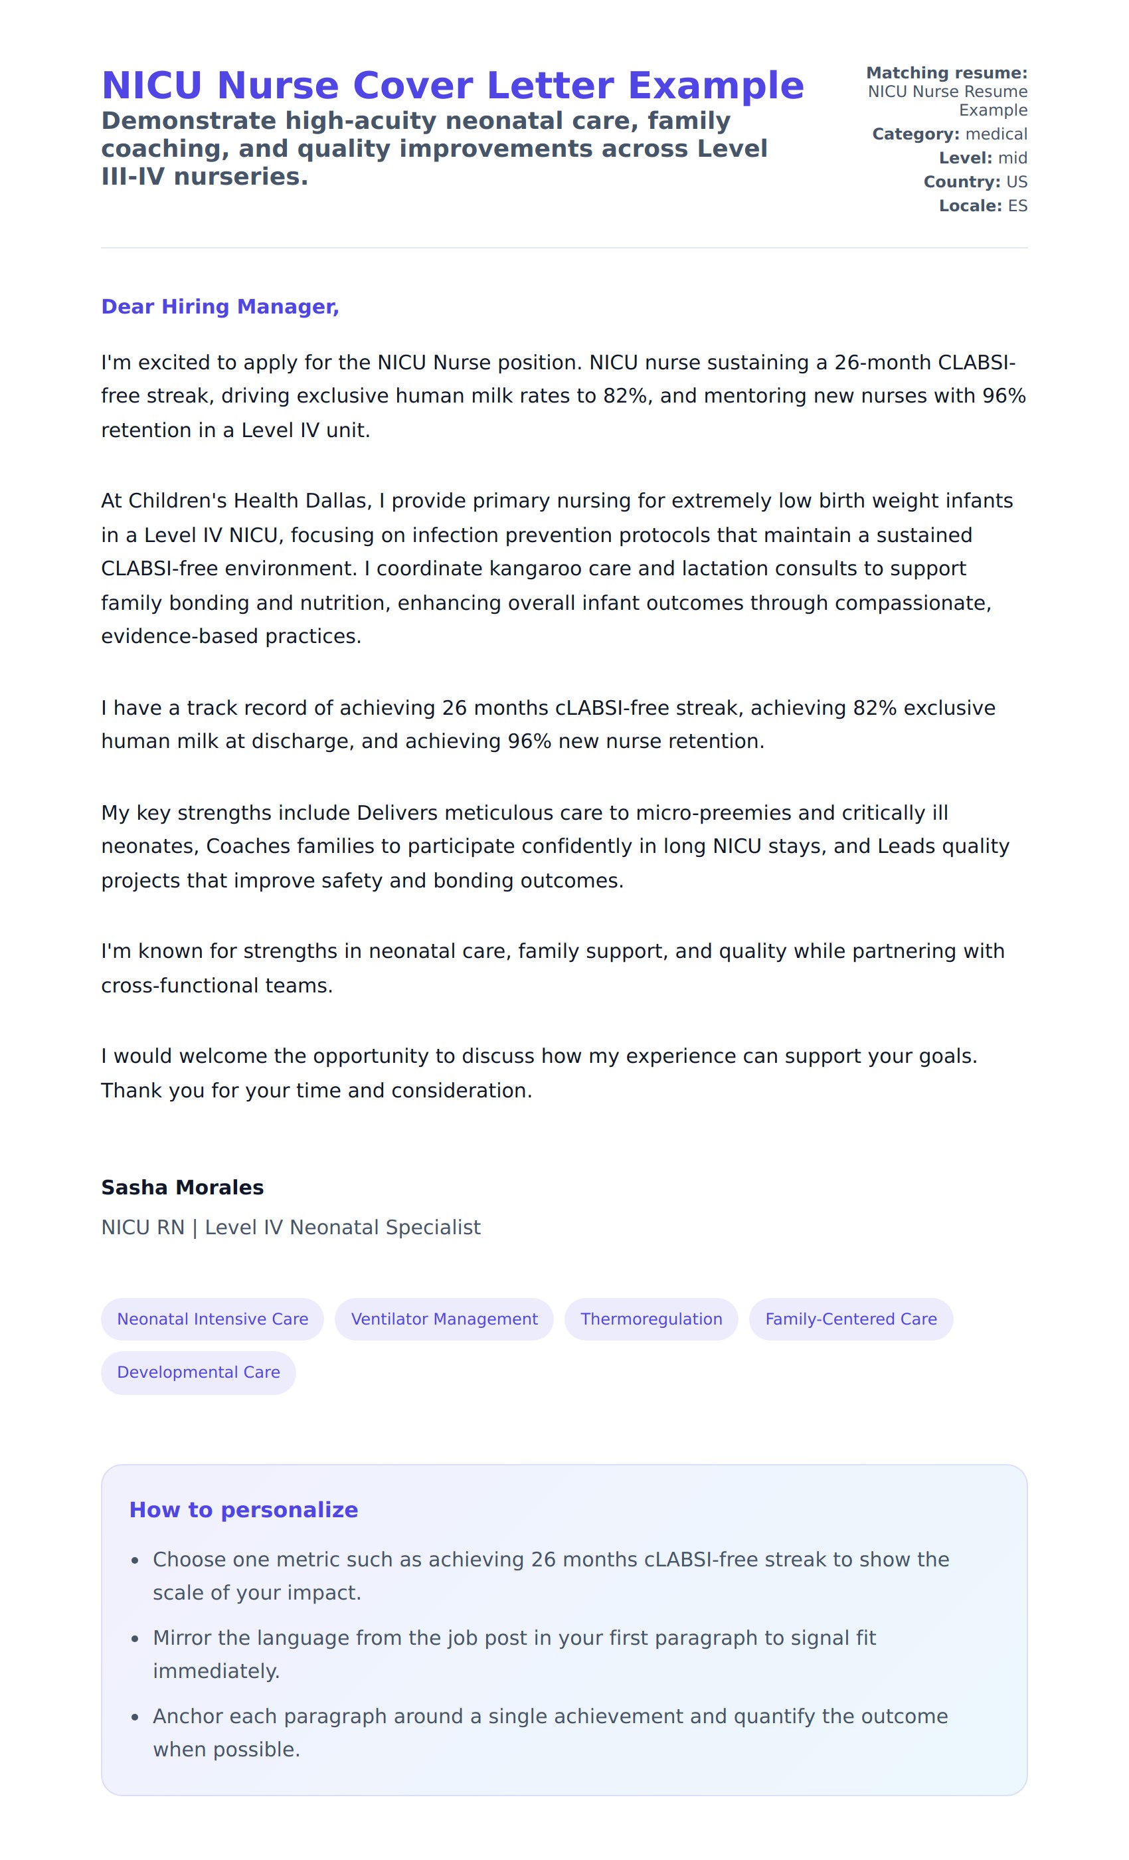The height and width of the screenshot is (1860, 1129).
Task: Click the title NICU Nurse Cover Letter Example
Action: (x=452, y=85)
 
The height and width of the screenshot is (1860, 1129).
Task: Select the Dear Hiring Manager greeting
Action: (x=220, y=306)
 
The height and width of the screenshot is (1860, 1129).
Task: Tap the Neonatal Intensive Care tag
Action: (x=212, y=1319)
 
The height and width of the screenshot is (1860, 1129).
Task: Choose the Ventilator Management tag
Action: (x=444, y=1319)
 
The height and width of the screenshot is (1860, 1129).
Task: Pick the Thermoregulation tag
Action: (x=651, y=1319)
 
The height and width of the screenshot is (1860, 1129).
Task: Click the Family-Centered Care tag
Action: (x=851, y=1319)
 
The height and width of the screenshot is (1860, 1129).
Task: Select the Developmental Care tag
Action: (x=198, y=1372)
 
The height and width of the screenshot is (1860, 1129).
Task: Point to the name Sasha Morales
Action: (x=182, y=1188)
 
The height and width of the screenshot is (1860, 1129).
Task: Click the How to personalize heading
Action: (x=243, y=1510)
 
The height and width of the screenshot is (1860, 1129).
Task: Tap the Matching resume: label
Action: (x=946, y=73)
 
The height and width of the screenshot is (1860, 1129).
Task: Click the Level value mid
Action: (x=1012, y=158)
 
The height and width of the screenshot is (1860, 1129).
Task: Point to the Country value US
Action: (x=1016, y=182)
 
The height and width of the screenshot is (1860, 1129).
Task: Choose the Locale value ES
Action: (x=1017, y=206)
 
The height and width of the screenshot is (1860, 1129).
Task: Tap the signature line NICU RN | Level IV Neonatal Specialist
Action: (x=291, y=1228)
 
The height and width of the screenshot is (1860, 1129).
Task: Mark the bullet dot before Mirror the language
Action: (x=135, y=1639)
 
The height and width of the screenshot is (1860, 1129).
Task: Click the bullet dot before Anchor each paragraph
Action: (x=135, y=1717)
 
